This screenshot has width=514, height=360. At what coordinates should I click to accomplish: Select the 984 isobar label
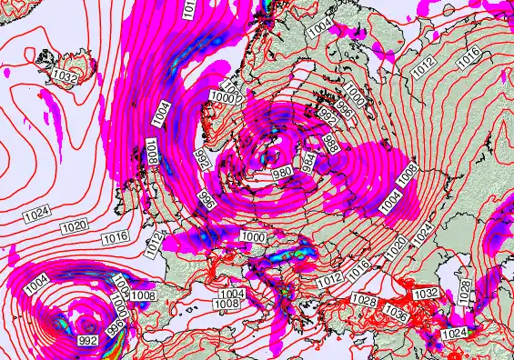(309, 162)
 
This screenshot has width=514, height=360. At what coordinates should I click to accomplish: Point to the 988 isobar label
(331, 143)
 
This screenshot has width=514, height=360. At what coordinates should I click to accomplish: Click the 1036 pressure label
(395, 311)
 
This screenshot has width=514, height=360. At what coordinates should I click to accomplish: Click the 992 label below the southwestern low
(88, 340)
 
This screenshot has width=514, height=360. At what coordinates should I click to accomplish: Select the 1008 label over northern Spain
(143, 295)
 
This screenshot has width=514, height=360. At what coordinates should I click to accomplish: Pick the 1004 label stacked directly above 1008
(231, 294)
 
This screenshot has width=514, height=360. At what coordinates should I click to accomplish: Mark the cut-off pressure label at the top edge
(189, 10)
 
